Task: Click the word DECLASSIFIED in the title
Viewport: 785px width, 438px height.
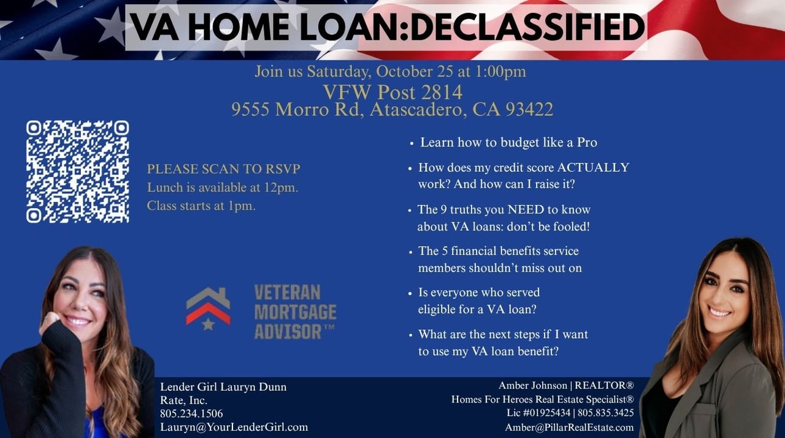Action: pyautogui.click(x=528, y=28)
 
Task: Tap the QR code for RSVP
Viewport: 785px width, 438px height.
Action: pyautogui.click(x=77, y=172)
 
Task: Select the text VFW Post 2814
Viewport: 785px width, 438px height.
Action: pyautogui.click(x=392, y=92)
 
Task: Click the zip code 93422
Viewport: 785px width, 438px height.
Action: pyautogui.click(x=529, y=109)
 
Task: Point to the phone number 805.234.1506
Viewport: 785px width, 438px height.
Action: pyautogui.click(x=191, y=413)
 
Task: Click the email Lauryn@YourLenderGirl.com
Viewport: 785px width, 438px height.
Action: pyautogui.click(x=234, y=427)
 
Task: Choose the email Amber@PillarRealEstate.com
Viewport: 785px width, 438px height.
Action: pyautogui.click(x=570, y=428)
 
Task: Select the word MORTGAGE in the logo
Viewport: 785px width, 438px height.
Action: pyautogui.click(x=295, y=312)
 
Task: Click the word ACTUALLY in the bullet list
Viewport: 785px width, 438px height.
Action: pyautogui.click(x=593, y=167)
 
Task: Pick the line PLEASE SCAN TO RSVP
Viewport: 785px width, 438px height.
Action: pyautogui.click(x=224, y=169)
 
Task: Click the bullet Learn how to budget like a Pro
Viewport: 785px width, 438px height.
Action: pyautogui.click(x=508, y=142)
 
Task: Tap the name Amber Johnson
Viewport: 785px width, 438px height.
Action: pyautogui.click(x=533, y=385)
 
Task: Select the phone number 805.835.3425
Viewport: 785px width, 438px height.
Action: pyautogui.click(x=605, y=413)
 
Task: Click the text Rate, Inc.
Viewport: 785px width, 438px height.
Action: pyautogui.click(x=183, y=400)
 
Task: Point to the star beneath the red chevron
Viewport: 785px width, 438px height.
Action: pyautogui.click(x=208, y=324)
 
